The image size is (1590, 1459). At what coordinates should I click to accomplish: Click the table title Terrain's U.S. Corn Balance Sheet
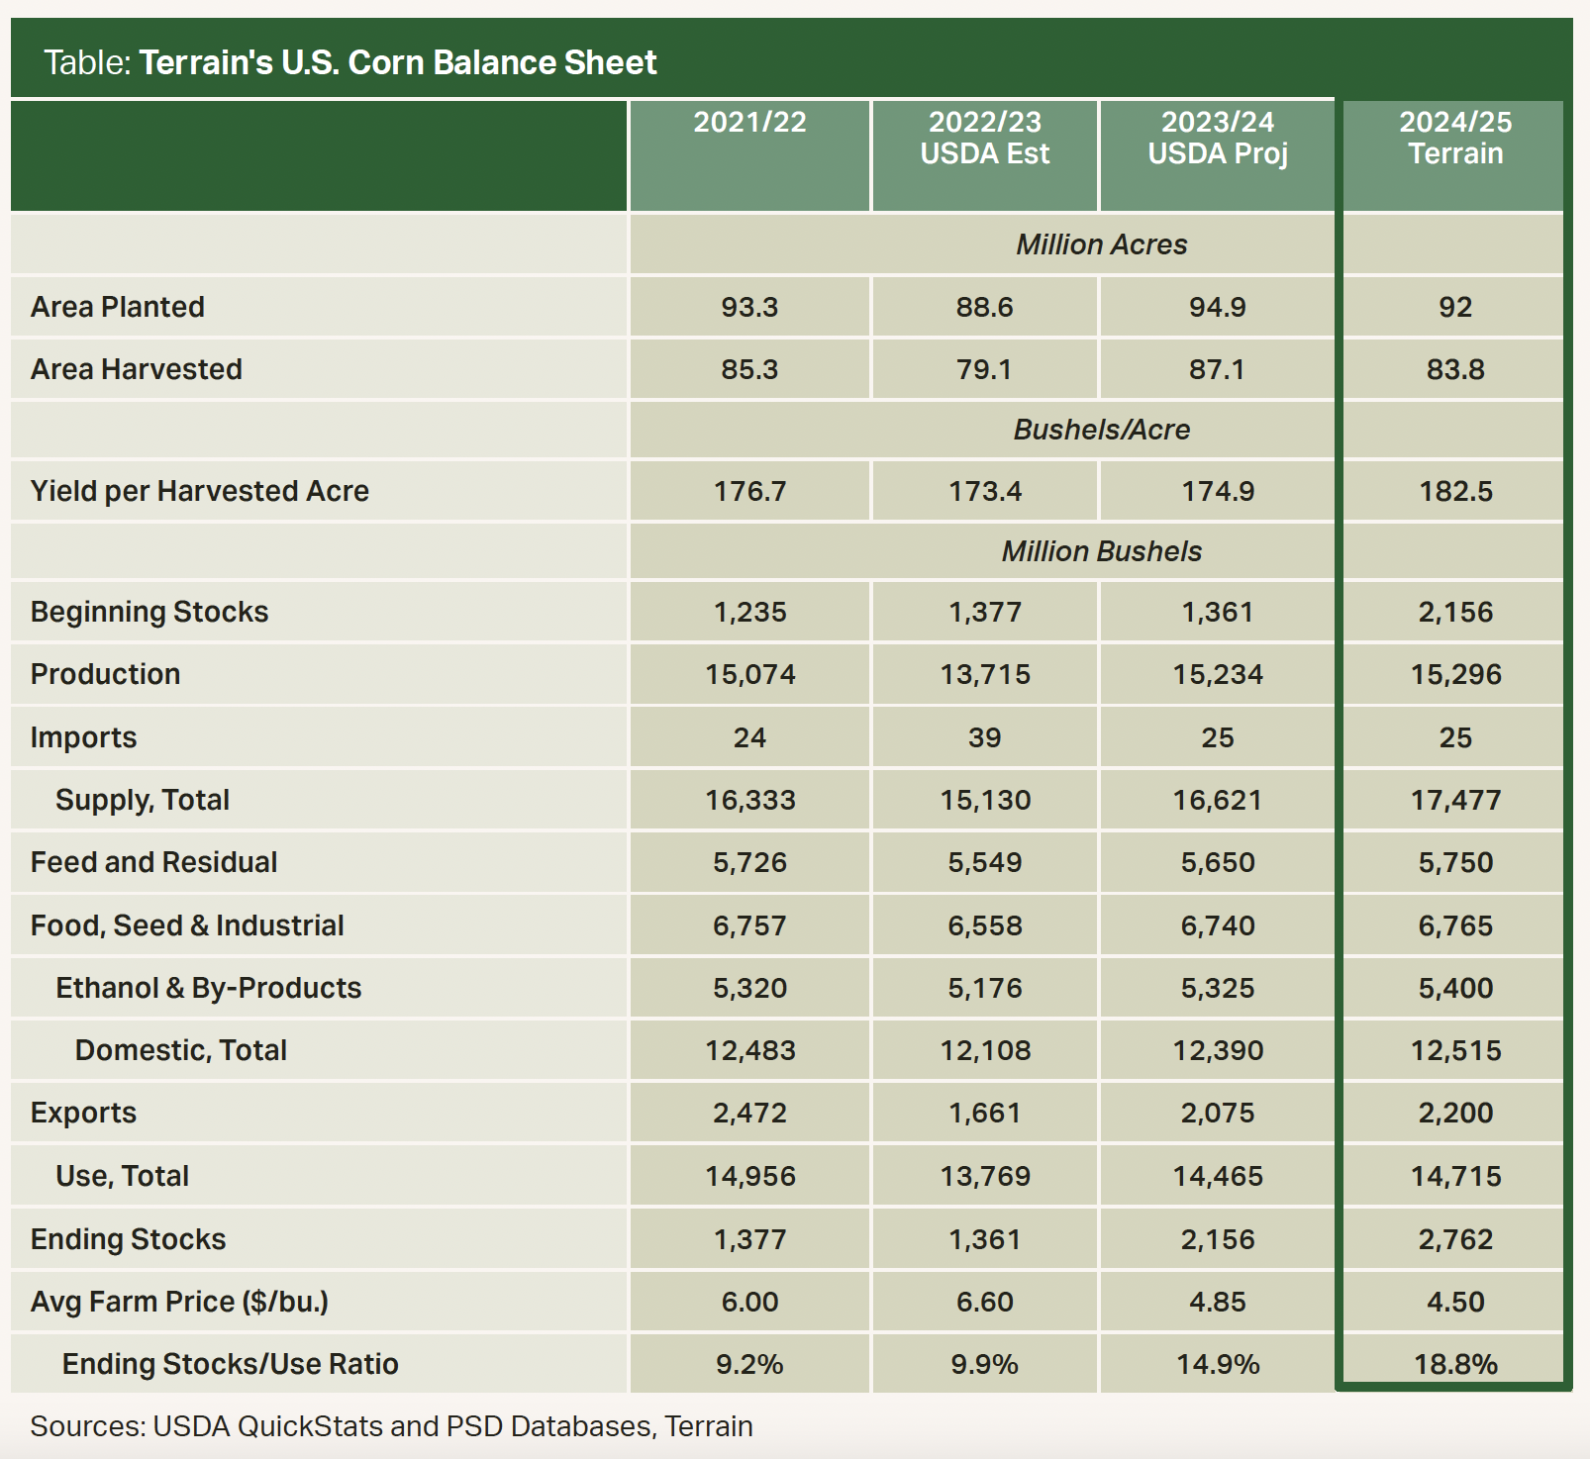pyautogui.click(x=396, y=62)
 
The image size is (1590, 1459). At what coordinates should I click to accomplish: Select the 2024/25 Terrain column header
pyautogui.click(x=1454, y=138)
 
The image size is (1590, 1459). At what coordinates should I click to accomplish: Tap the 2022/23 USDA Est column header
pyautogui.click(x=984, y=138)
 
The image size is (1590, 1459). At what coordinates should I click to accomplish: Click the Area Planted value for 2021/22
pyautogui.click(x=749, y=307)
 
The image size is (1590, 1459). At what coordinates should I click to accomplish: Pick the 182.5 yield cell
pyautogui.click(x=1454, y=491)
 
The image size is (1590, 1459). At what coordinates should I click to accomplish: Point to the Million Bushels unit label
pyautogui.click(x=1101, y=551)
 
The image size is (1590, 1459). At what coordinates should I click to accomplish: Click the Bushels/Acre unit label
pyautogui.click(x=1101, y=430)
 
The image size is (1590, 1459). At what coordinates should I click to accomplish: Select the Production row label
pyautogui.click(x=106, y=674)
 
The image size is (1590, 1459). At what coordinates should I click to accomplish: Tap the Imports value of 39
pyautogui.click(x=984, y=737)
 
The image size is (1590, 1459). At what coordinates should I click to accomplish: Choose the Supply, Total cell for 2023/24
pyautogui.click(x=1217, y=800)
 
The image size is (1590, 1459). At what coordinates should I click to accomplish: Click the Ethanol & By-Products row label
pyautogui.click(x=208, y=988)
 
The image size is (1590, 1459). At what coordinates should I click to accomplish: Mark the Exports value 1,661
pyautogui.click(x=984, y=1113)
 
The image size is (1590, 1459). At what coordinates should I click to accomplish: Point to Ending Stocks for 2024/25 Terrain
pyautogui.click(x=1454, y=1239)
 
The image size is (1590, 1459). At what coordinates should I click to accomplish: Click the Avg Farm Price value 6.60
pyautogui.click(x=984, y=1302)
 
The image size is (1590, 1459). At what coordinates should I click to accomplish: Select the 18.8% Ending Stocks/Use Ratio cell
pyautogui.click(x=1454, y=1364)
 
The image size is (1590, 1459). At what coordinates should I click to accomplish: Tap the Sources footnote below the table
pyautogui.click(x=391, y=1426)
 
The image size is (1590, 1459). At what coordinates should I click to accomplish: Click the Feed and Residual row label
pyautogui.click(x=153, y=862)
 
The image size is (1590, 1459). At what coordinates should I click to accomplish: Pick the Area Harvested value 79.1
pyautogui.click(x=984, y=369)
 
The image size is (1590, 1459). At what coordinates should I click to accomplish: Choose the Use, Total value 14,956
pyautogui.click(x=749, y=1176)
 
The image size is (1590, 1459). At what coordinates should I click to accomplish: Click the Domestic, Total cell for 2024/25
pyautogui.click(x=1454, y=1050)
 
